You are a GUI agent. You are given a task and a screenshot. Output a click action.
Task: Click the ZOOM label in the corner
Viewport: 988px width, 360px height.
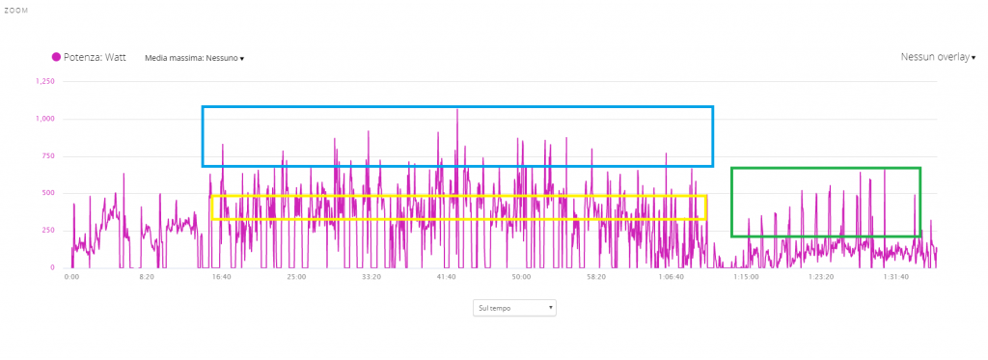pyautogui.click(x=14, y=11)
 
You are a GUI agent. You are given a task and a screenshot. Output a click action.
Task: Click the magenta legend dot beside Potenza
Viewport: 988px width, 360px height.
pyautogui.click(x=56, y=57)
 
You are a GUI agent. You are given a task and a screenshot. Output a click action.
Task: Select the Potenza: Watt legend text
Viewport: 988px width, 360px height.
pyautogui.click(x=95, y=57)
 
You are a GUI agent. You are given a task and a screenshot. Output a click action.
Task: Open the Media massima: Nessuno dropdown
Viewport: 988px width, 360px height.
pyautogui.click(x=194, y=58)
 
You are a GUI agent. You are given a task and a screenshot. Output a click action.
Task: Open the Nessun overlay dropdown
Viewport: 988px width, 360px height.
pyautogui.click(x=938, y=57)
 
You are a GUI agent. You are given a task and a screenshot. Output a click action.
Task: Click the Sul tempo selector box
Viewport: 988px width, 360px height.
pyautogui.click(x=514, y=308)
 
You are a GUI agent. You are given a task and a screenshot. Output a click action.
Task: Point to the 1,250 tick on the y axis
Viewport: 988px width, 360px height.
pyautogui.click(x=46, y=81)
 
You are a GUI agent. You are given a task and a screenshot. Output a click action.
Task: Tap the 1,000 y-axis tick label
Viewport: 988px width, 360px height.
pyautogui.click(x=46, y=119)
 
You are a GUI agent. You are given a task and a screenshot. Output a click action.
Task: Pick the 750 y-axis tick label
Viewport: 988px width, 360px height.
pyautogui.click(x=48, y=156)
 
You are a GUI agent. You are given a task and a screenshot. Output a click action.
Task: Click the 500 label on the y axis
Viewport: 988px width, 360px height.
pyautogui.click(x=48, y=194)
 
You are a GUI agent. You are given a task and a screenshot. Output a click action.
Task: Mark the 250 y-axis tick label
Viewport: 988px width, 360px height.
pyautogui.click(x=48, y=231)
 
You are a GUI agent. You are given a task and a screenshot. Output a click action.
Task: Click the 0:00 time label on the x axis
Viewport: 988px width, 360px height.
pyautogui.click(x=71, y=277)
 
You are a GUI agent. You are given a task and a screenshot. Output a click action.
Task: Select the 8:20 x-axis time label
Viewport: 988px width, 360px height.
pyautogui.click(x=147, y=277)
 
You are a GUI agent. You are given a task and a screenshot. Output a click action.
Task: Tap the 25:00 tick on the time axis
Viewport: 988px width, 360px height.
pyautogui.click(x=296, y=277)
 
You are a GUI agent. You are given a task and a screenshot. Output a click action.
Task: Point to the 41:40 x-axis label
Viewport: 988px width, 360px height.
pyautogui.click(x=446, y=277)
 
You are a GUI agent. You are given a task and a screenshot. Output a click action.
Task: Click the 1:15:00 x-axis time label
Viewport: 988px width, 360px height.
pyautogui.click(x=746, y=277)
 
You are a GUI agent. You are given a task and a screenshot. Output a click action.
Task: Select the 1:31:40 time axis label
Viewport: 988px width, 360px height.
pyautogui.click(x=896, y=277)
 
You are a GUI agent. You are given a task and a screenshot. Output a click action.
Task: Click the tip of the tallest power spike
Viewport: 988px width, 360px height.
pyautogui.click(x=457, y=109)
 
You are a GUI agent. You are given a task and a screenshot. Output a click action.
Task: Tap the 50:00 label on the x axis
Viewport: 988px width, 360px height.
pyautogui.click(x=521, y=277)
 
